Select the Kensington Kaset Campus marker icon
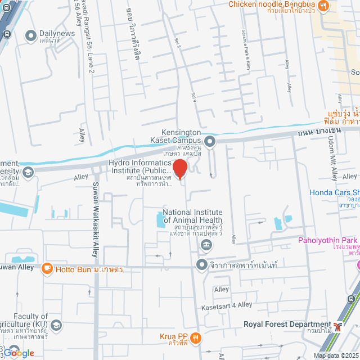click(x=210, y=141)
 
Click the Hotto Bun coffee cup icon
click(x=47, y=268)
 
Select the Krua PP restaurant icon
click(x=195, y=337)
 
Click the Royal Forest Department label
click(x=287, y=325)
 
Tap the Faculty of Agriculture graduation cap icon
click(x=56, y=325)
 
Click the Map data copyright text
click(x=335, y=355)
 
